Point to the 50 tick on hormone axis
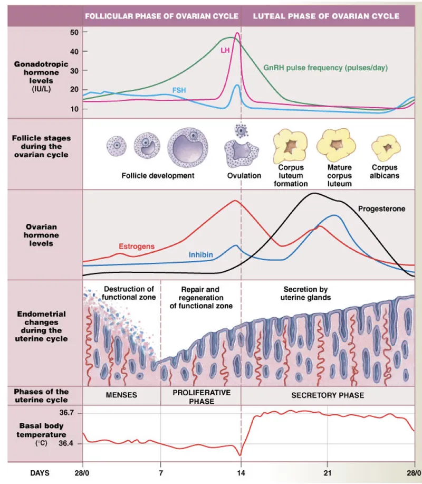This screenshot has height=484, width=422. click(74, 32)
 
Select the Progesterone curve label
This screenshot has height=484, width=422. click(381, 208)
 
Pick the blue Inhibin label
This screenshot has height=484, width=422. click(201, 255)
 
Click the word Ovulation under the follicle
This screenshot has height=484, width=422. click(244, 175)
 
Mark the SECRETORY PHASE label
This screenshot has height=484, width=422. click(328, 395)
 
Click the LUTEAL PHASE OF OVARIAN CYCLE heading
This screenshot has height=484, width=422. click(326, 16)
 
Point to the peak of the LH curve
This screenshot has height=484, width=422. click(237, 34)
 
